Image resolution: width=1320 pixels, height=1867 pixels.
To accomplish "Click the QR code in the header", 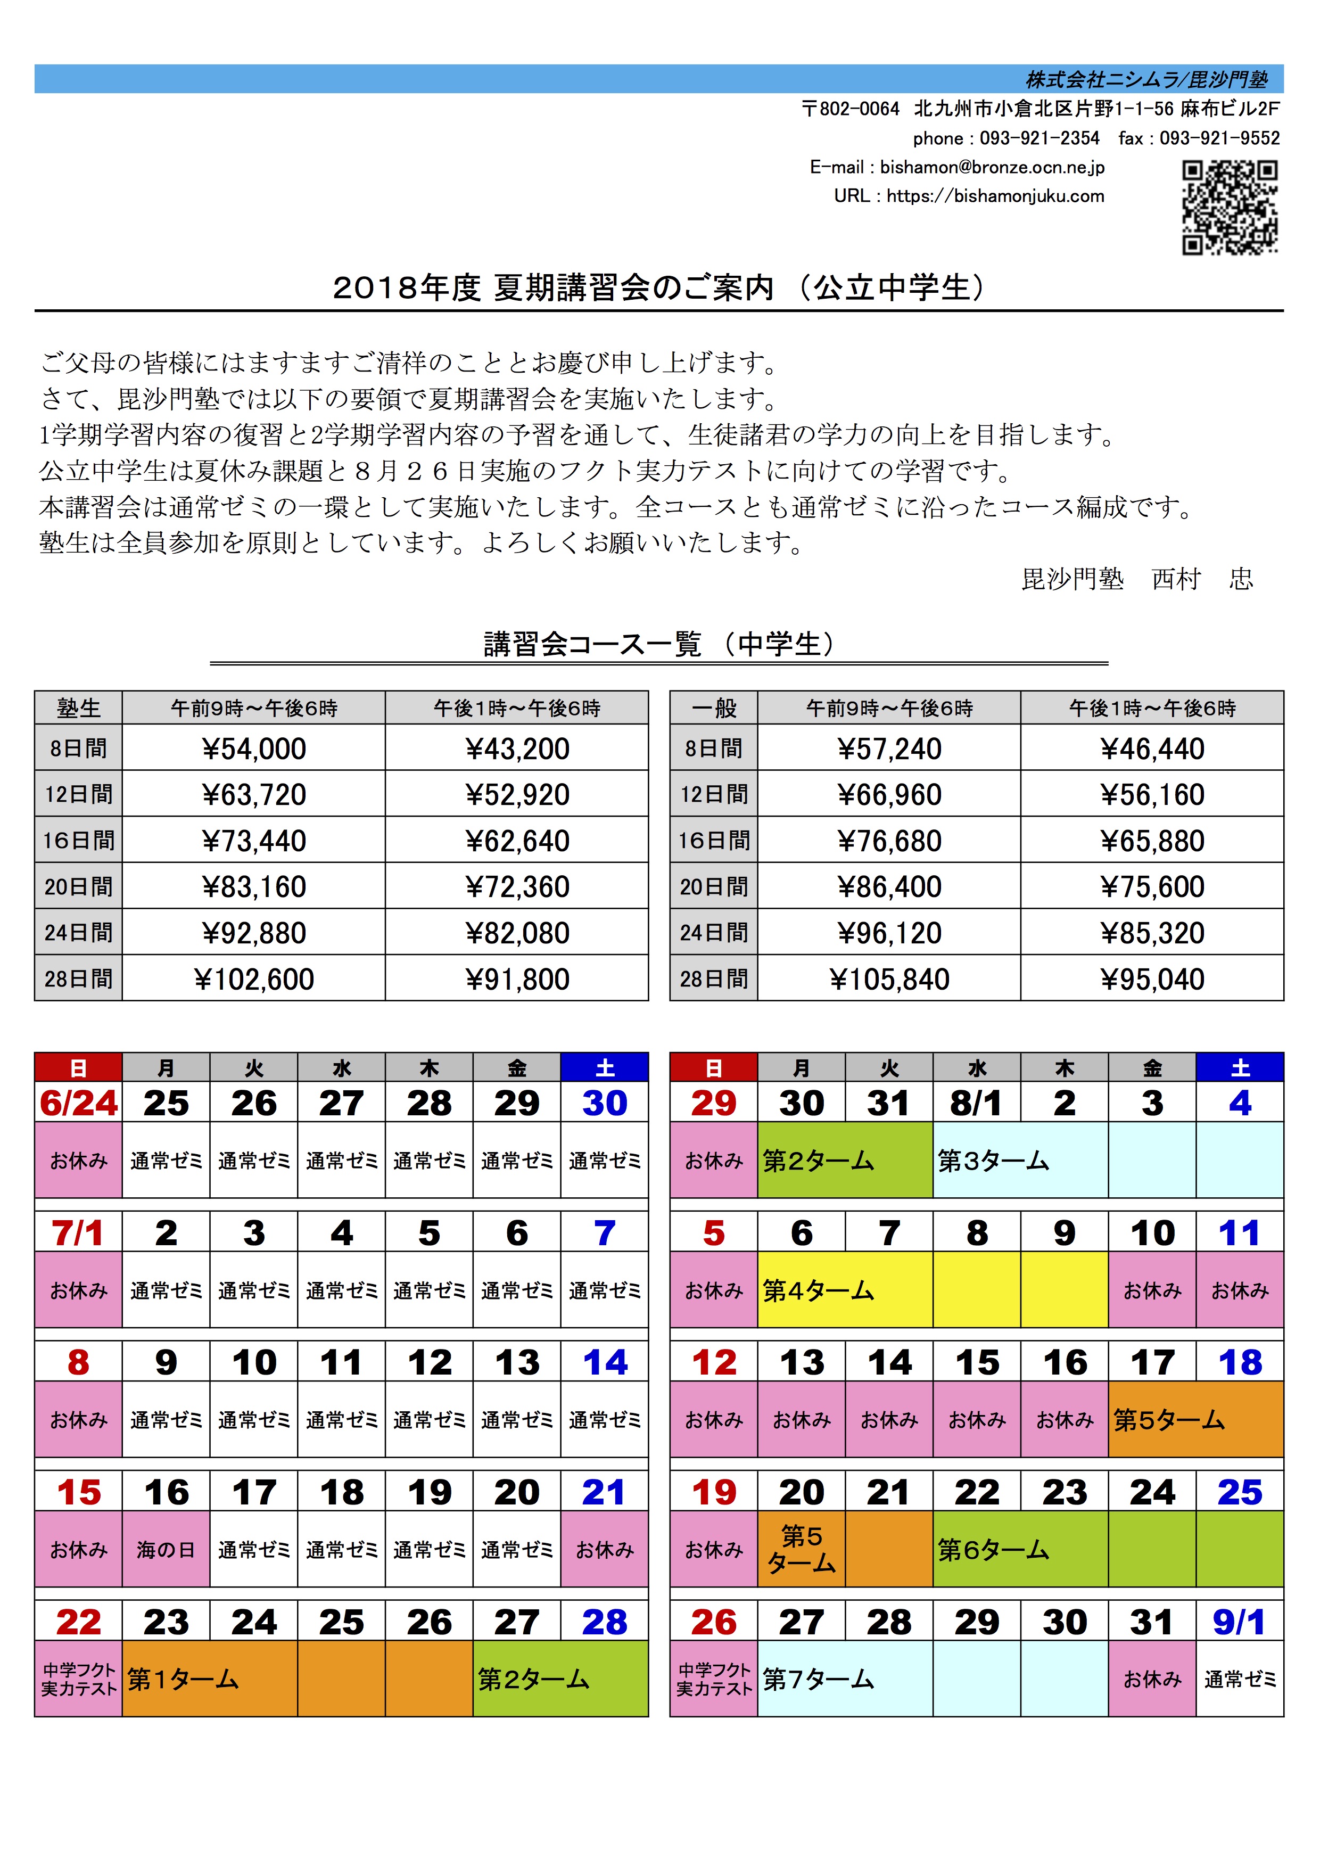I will click(1229, 207).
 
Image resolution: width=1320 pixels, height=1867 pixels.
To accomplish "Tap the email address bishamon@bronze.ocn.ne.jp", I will click(992, 168).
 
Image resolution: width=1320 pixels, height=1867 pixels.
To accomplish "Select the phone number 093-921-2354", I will click(1039, 138).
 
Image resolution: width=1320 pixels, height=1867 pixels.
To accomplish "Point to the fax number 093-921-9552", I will click(1219, 138).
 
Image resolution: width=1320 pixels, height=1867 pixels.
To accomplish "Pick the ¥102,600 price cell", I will click(253, 979).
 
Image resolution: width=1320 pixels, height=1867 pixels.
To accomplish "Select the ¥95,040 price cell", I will click(1152, 979).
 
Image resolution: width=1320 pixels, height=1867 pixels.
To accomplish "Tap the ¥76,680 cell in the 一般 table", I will click(889, 841).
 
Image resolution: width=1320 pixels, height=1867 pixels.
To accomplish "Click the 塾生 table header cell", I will click(79, 708).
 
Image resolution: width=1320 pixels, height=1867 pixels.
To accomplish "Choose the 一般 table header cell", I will click(714, 708).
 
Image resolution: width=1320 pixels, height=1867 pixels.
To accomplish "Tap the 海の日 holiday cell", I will click(166, 1550).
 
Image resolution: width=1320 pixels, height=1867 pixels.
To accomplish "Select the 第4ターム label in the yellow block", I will click(818, 1290).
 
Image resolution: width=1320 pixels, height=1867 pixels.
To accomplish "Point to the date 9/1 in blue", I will click(1239, 1622).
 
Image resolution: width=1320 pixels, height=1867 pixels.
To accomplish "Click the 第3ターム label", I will click(993, 1161).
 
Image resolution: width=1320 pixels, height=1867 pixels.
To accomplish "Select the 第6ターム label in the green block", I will click(993, 1550).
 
